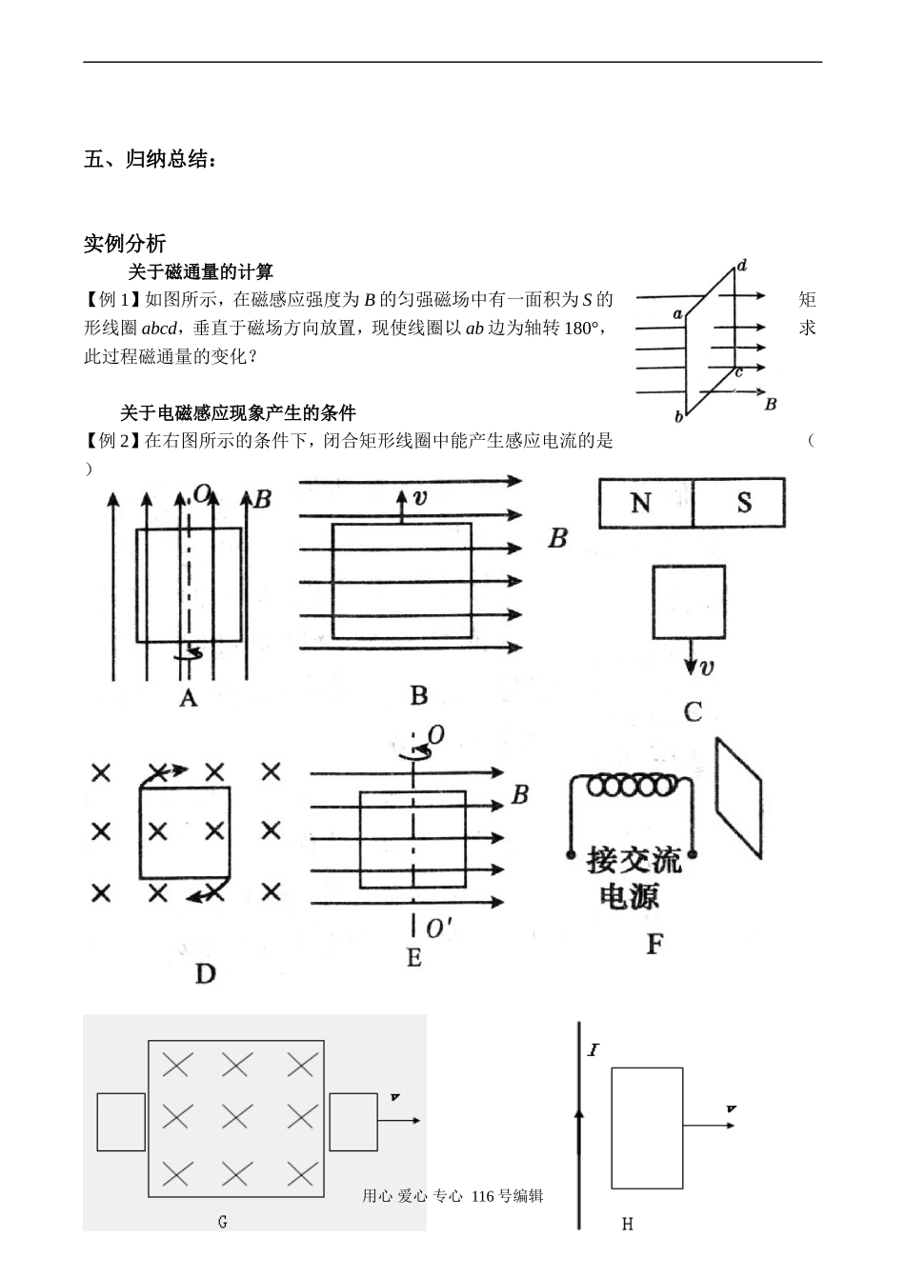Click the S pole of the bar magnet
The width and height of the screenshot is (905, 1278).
point(742,503)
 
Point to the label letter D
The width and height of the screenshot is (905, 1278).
point(205,973)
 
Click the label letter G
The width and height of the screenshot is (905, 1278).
point(222,1222)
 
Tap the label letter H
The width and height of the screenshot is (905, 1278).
point(627,1224)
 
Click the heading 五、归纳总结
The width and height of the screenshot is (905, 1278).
point(150,159)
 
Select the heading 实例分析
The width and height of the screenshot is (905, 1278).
point(125,243)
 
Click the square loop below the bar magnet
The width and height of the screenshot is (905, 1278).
point(688,601)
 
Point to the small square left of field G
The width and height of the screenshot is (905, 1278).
point(121,1122)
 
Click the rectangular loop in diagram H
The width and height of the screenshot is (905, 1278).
point(647,1128)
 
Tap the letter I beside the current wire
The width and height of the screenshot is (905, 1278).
point(593,1051)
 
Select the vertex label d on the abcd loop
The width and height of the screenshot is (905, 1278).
point(741,265)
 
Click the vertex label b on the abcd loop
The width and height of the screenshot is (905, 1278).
point(678,416)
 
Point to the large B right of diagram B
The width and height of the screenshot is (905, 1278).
point(557,539)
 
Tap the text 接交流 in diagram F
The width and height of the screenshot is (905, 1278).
point(633,860)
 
